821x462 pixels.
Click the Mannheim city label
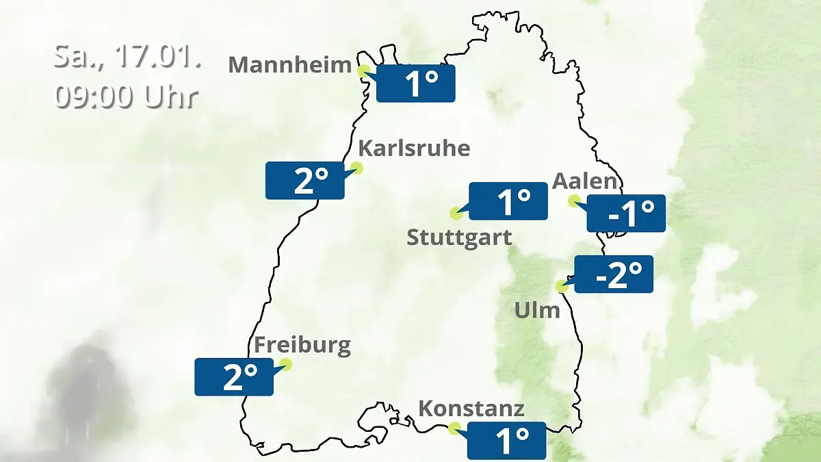click(289, 65)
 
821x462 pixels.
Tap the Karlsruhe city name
click(415, 148)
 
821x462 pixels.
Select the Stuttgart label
click(459, 238)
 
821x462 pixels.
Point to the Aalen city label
click(585, 181)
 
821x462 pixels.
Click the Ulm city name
click(537, 311)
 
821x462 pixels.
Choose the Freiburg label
click(302, 344)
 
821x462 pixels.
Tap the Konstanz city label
click(471, 409)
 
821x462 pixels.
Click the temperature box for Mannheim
click(415, 84)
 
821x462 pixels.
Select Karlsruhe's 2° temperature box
click(304, 181)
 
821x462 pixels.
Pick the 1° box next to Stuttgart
click(508, 201)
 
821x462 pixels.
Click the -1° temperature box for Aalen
click(626, 214)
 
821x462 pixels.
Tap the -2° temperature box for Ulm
click(614, 274)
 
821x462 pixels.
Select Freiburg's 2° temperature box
click(234, 377)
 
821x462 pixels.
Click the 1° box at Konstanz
click(506, 441)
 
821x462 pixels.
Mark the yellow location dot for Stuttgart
click(456, 213)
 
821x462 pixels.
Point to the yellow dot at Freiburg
click(286, 364)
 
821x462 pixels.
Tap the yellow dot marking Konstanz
click(454, 428)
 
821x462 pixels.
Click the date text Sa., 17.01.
click(127, 57)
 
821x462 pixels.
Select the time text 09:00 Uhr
click(127, 97)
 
